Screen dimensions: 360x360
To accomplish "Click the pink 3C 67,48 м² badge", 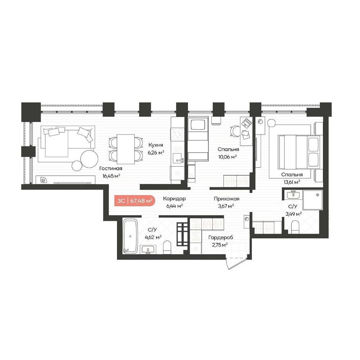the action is [135, 201].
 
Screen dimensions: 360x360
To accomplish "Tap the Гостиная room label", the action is [111, 168].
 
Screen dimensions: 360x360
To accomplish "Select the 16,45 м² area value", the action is [111, 176].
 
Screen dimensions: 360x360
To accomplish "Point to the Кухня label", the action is [156, 145].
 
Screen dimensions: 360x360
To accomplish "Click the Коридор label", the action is [174, 199].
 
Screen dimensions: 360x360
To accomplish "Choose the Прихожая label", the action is [226, 199].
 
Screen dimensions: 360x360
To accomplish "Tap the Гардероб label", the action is [221, 237].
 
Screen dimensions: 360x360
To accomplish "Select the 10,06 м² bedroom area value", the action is [227, 157].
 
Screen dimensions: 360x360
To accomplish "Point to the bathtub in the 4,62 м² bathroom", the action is [130, 236].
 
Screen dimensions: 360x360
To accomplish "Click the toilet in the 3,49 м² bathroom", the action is [295, 227].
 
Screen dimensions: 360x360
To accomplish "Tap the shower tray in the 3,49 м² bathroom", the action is [312, 200].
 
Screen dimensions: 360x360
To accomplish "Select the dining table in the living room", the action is [126, 149].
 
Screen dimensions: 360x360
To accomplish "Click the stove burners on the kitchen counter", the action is [177, 134].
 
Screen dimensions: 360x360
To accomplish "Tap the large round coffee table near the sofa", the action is [90, 159].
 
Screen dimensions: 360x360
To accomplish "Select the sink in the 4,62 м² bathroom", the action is [148, 249].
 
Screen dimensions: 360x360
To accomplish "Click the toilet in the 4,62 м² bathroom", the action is [167, 247].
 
